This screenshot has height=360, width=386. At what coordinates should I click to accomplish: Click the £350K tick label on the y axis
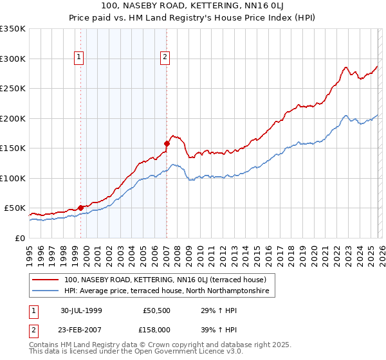point(13,29)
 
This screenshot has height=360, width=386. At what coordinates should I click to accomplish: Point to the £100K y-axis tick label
point(13,178)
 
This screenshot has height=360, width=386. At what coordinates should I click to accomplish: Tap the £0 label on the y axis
point(19,238)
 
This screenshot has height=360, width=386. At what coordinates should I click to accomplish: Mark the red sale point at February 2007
point(167,143)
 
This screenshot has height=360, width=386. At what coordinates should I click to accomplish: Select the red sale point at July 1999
point(81,208)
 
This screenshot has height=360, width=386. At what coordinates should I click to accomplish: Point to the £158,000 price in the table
point(157,329)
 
